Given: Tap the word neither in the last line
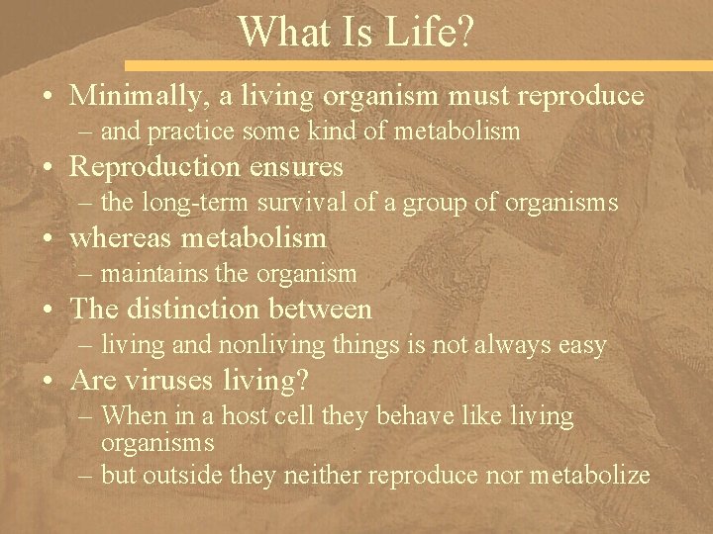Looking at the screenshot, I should [x=317, y=475].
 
